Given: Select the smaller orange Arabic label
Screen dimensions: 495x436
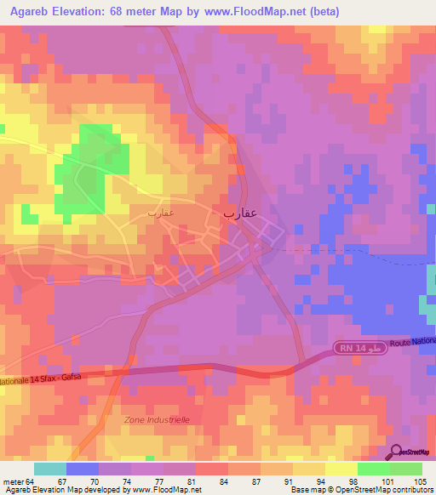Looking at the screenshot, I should coord(160,211).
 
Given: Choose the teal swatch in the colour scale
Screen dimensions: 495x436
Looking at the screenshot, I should coord(50,469).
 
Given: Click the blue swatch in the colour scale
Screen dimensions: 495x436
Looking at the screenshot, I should coord(83,469).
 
